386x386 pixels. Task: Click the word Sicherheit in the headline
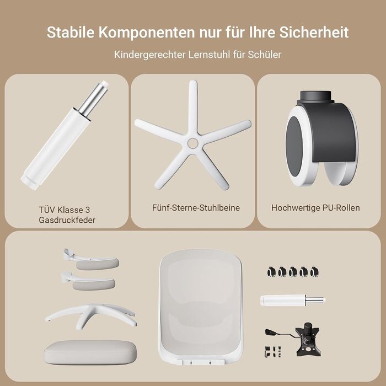(314, 32)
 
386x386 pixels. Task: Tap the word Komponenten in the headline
(147, 32)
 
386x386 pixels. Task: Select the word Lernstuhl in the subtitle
(210, 55)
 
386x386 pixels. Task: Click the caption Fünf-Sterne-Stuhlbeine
(196, 208)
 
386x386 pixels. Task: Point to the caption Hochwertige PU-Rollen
(315, 208)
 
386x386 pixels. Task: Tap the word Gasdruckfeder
(67, 220)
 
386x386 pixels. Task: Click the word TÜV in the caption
(47, 210)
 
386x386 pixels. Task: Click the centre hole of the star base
(192, 143)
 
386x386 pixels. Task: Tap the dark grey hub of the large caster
(294, 146)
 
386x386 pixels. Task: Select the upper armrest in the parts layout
(91, 260)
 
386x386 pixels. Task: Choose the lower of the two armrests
(88, 281)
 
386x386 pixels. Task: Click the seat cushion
(90, 352)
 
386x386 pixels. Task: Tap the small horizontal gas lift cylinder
(292, 301)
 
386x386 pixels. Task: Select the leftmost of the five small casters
(271, 272)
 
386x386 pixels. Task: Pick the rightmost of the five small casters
(314, 272)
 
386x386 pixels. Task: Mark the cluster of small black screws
(273, 352)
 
